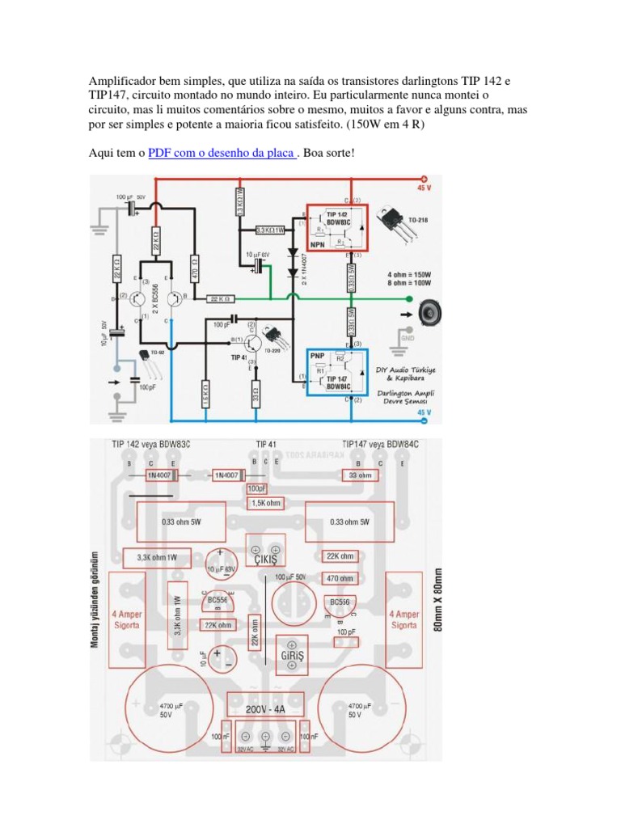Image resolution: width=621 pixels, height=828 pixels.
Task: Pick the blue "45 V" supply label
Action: click(x=424, y=412)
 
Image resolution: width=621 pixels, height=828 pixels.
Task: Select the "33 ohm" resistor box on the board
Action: click(x=361, y=475)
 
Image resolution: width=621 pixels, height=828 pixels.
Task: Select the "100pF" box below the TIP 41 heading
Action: click(x=256, y=488)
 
